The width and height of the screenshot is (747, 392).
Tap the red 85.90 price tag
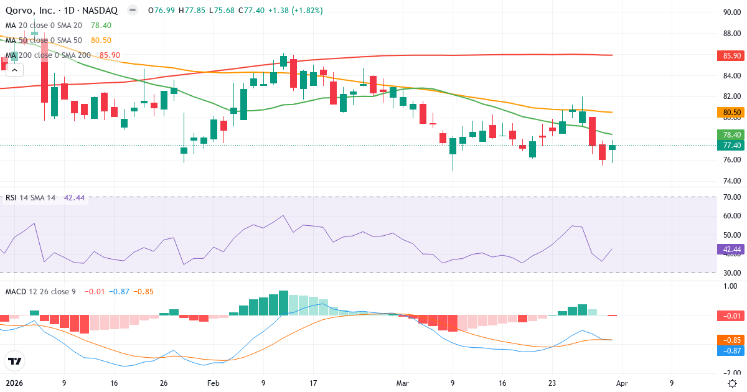732,55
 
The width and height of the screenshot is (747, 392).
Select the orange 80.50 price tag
732,113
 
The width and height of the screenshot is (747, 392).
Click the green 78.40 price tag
732,134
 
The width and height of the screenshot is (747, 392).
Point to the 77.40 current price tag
732,146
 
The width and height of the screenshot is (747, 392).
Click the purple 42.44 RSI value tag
732,250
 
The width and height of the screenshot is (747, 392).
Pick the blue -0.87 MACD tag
732,351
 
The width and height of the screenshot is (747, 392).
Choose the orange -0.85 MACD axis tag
732,340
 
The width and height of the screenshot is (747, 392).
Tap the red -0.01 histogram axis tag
732,316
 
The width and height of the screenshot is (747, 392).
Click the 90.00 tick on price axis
731,12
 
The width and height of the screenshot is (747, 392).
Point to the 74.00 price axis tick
731,181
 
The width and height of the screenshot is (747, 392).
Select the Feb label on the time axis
214,383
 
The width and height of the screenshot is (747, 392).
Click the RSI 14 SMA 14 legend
30,198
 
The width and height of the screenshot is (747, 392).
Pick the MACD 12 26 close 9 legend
40,291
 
